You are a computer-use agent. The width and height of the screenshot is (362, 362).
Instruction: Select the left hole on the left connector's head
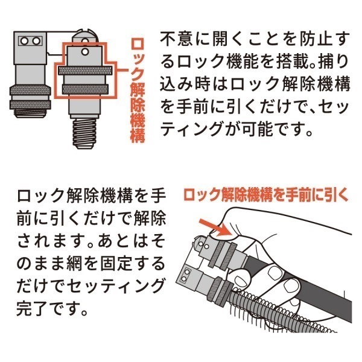tap(25, 40)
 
